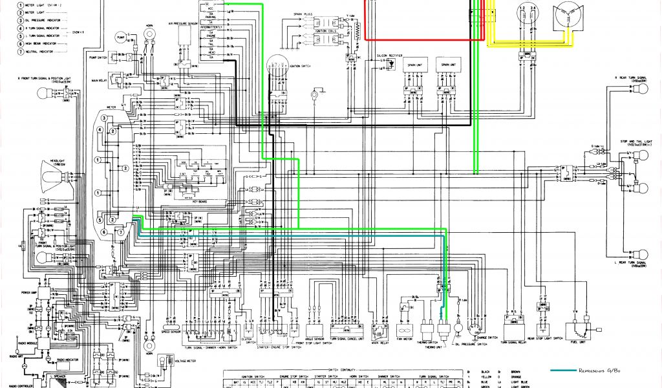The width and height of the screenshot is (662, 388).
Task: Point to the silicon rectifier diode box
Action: tap(386, 69)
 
